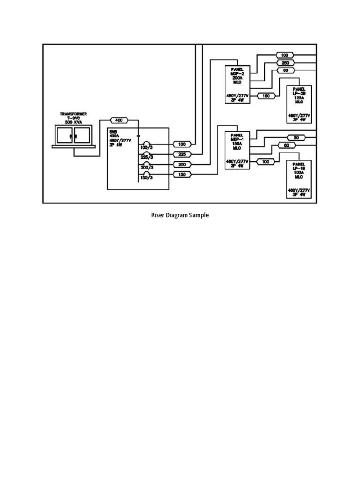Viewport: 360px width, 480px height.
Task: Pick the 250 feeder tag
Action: point(285,62)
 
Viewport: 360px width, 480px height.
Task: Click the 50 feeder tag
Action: point(296,137)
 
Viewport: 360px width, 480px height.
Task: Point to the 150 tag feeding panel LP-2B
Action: point(266,96)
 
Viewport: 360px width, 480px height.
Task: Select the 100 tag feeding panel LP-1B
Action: point(266,162)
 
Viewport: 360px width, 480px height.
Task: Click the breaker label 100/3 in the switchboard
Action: point(146,148)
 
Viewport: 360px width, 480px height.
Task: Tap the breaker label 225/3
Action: point(146,157)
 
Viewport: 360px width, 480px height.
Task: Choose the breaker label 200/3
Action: point(146,167)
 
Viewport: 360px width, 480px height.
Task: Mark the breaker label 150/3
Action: point(146,177)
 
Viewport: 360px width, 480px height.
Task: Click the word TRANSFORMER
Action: point(73,114)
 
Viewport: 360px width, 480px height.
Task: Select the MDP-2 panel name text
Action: point(237,73)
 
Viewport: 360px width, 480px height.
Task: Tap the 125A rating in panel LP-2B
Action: point(299,97)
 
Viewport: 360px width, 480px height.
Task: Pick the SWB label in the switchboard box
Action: point(113,132)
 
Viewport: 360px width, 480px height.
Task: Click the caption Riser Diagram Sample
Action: point(180,216)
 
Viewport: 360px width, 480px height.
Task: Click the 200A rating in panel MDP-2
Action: point(237,77)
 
